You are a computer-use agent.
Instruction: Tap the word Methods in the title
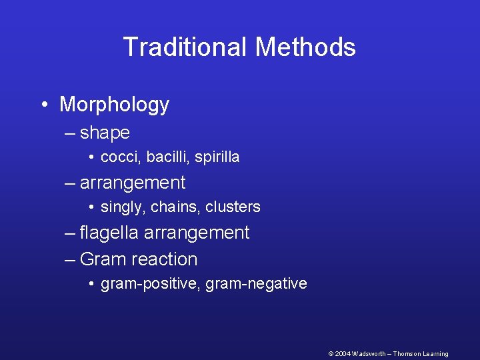[x=305, y=47]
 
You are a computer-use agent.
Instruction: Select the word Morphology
[x=114, y=105]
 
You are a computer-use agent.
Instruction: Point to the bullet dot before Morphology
[x=43, y=104]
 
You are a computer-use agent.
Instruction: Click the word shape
[x=105, y=133]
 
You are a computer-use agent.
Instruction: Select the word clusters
[x=233, y=207]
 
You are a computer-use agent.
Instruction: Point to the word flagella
[x=109, y=233]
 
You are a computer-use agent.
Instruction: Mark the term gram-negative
[x=257, y=284]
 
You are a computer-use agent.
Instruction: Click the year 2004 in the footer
[x=343, y=354]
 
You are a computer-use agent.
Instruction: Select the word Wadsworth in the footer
[x=369, y=354]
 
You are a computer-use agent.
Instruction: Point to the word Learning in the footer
[x=434, y=354]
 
